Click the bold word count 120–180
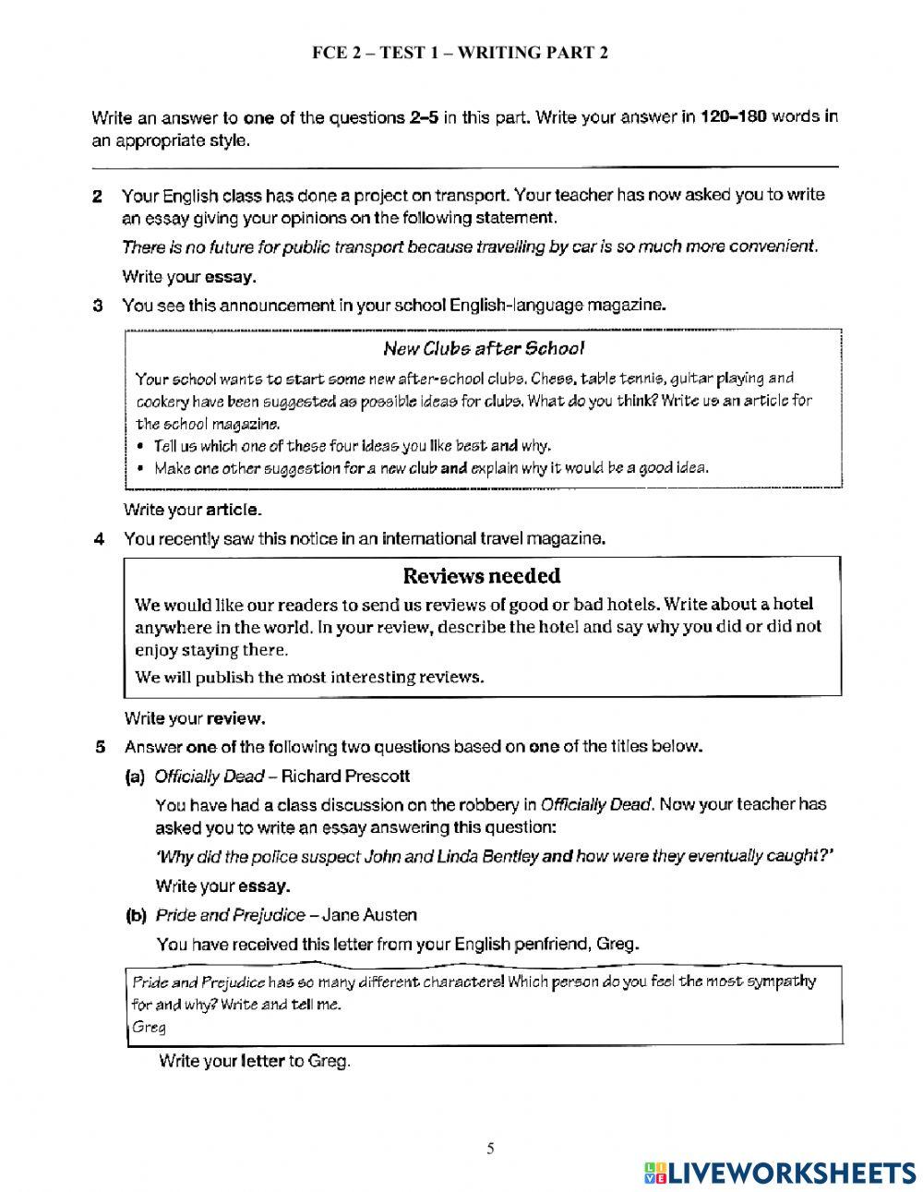click(735, 117)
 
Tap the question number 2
click(96, 196)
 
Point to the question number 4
click(97, 539)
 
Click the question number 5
click(101, 746)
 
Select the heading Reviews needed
click(482, 577)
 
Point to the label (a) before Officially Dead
click(135, 776)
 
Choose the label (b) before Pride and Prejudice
click(136, 915)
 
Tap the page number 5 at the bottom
click(490, 1149)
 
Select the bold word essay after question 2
click(229, 276)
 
